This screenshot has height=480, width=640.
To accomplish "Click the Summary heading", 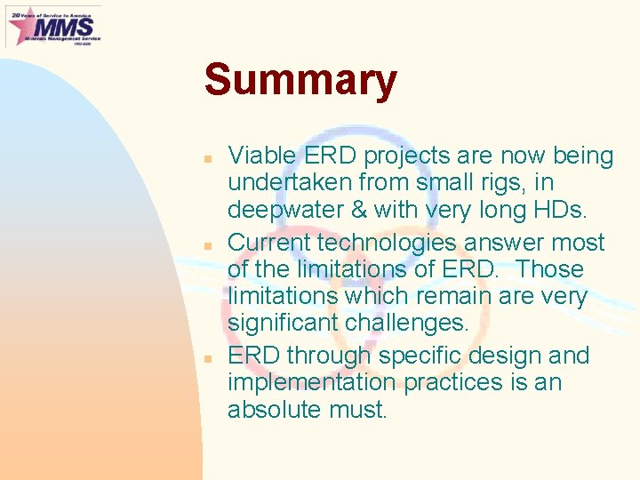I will click(300, 81).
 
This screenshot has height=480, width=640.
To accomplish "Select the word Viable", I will click(261, 156).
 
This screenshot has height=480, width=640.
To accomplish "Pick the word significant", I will click(287, 323).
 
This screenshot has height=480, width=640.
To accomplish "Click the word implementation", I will click(313, 383).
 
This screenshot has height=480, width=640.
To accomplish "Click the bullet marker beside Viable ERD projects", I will click(206, 157).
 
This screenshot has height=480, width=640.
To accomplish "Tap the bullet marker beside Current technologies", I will click(206, 244).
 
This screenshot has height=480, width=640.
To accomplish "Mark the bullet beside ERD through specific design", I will click(206, 356).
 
